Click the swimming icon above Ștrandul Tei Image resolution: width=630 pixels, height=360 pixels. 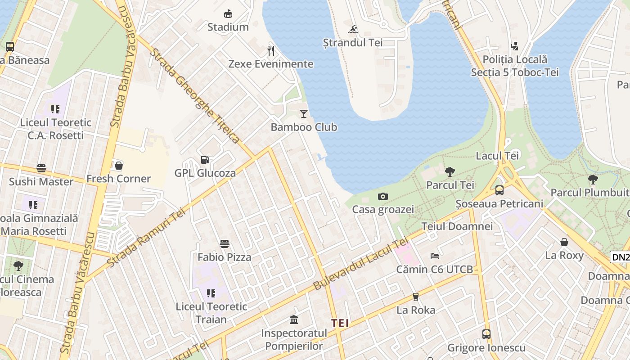tap(353, 30)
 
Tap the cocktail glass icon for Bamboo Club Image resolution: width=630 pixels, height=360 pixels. tap(304, 114)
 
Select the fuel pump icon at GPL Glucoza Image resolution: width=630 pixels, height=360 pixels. tap(205, 160)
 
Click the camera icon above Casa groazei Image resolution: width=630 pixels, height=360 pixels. tap(383, 196)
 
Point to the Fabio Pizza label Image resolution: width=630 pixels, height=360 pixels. tap(224, 257)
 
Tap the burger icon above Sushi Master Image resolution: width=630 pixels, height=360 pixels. tap(41, 168)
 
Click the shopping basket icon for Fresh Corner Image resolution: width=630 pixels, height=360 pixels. tap(119, 166)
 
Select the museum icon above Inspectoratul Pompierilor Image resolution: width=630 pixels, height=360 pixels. tap(294, 320)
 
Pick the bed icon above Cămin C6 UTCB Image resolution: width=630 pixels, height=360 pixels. tap(435, 256)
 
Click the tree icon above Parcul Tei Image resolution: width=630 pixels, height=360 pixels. tap(450, 171)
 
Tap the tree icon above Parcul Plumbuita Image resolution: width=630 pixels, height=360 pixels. tap(593, 179)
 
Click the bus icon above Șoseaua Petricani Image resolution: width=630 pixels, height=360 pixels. tap(499, 190)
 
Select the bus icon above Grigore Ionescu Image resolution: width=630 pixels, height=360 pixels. tap(486, 334)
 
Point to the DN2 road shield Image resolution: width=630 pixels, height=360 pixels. tap(620, 257)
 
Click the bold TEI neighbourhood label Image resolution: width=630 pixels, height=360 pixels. tap(340, 323)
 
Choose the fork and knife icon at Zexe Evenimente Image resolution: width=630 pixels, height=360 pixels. tap(271, 50)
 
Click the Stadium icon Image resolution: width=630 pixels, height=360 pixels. tap(228, 13)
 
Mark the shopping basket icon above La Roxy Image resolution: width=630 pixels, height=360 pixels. tap(564, 242)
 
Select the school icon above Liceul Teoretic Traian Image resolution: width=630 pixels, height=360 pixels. tap(211, 293)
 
